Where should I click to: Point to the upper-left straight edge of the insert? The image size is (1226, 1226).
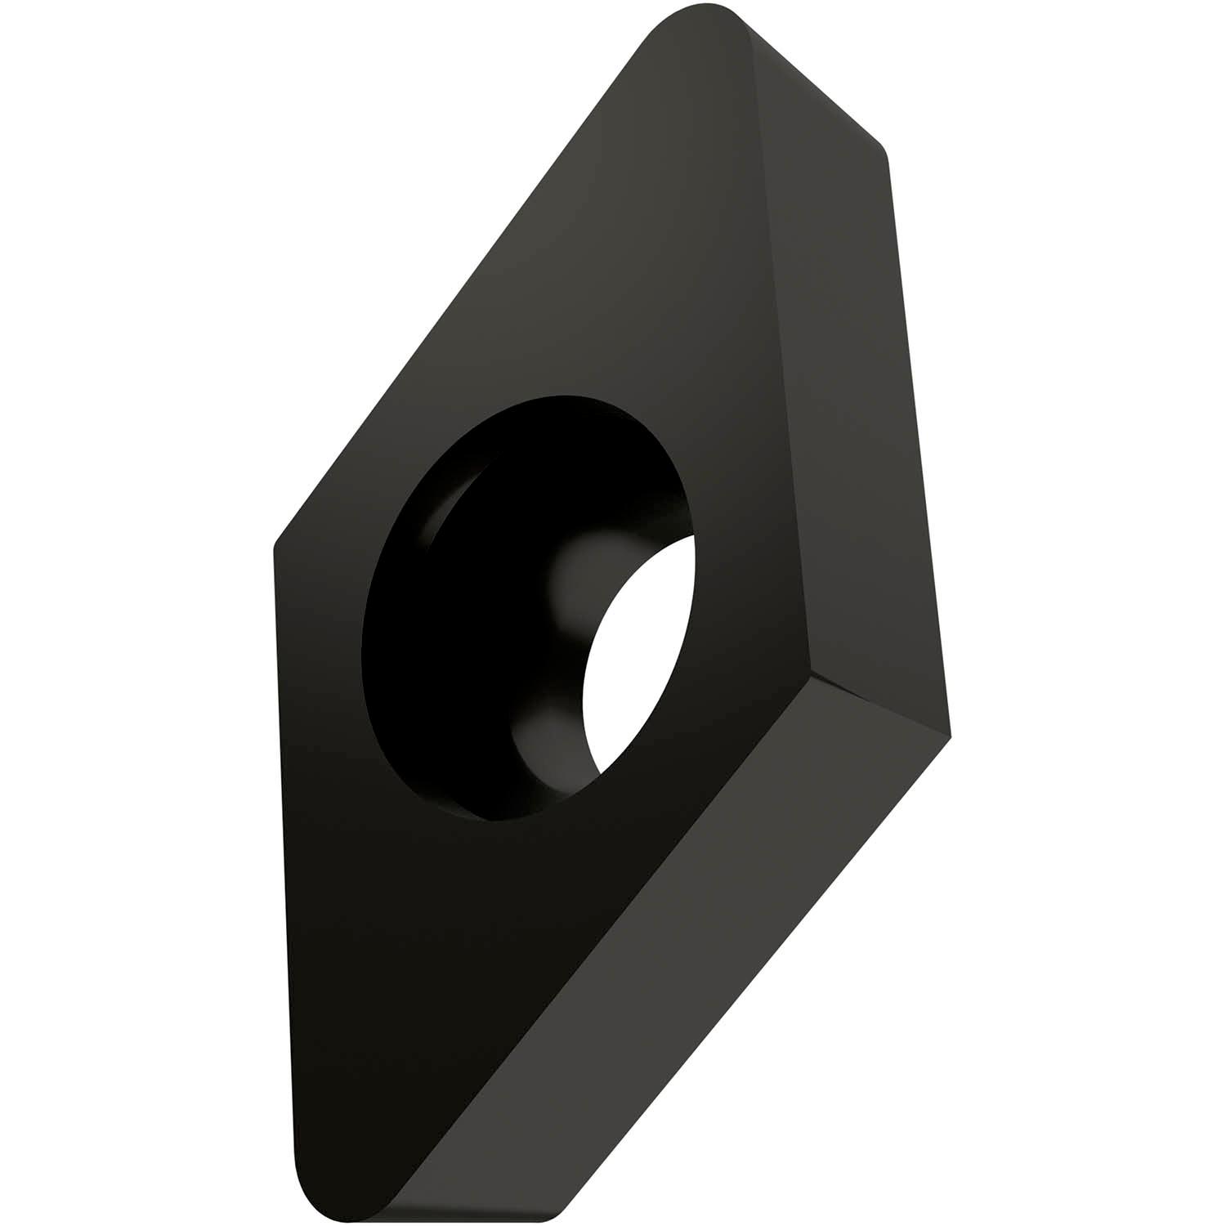(x=458, y=294)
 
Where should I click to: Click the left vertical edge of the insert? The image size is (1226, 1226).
(x=282, y=858)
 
